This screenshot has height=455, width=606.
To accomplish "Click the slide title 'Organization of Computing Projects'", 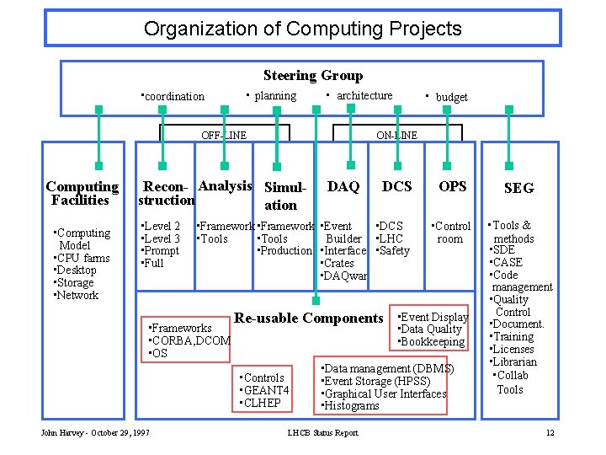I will coord(303,29).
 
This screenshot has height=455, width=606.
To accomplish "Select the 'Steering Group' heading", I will coord(312,76).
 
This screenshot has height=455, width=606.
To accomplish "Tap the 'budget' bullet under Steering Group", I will coord(450,97).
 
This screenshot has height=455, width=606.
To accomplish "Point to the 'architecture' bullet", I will coord(364,96).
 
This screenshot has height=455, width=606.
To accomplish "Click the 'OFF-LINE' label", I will coord(224,135).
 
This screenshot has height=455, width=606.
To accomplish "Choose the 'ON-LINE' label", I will coord(396,135).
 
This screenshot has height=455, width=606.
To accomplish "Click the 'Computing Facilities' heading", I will coord(82,193).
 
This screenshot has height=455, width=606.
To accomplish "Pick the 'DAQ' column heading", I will coord(343,186).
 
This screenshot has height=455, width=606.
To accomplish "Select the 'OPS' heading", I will coord(453,186).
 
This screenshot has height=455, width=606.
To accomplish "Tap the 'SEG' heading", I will coord(518,188).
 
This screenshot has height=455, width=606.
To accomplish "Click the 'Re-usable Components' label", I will coord(308,318).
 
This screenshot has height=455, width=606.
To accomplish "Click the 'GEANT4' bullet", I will coord(267,390).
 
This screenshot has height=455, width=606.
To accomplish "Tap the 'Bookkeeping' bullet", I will coord(433,341).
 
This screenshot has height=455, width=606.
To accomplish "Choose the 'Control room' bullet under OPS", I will coord(453,232).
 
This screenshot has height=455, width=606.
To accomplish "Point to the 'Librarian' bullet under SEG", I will coord(515,361).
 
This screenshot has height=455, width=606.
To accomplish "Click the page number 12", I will coord(550,433).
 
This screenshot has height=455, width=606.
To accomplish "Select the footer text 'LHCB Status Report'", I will coord(323,433).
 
